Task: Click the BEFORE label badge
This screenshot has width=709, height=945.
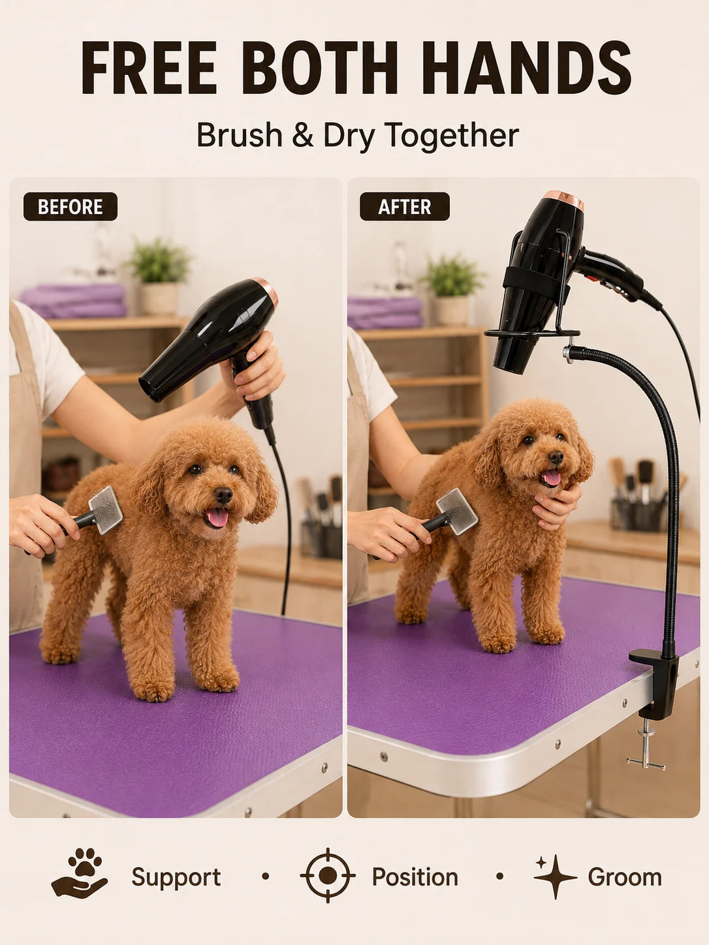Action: [70, 207]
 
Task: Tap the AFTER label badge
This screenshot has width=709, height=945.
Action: [405, 207]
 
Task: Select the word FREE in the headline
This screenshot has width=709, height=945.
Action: [148, 68]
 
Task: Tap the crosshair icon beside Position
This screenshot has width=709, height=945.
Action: [328, 875]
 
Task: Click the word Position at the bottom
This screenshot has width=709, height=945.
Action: [415, 877]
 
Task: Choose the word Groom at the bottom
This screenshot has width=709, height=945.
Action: [625, 876]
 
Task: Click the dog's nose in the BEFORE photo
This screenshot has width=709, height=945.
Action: [223, 495]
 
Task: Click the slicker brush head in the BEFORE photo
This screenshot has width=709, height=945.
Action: [106, 510]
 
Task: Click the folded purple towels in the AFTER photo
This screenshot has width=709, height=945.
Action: [385, 313]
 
